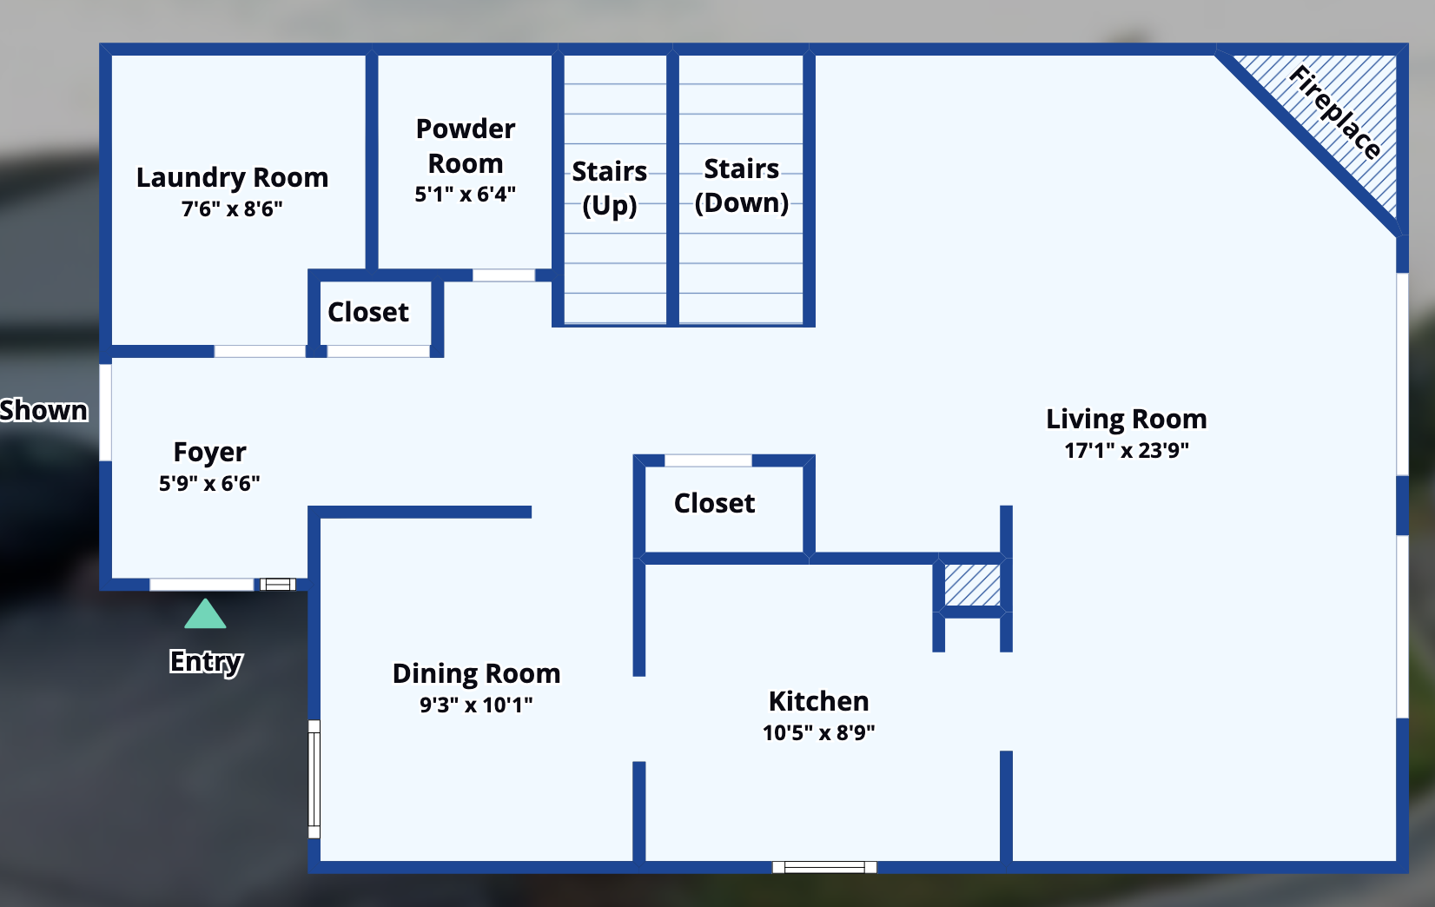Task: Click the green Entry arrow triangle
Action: [205, 615]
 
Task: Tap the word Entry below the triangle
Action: [206, 661]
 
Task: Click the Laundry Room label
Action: [232, 177]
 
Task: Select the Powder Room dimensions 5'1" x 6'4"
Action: [465, 194]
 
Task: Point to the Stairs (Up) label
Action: [609, 188]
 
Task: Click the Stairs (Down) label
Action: [741, 185]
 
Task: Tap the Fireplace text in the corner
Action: [1334, 112]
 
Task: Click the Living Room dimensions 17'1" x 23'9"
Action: [1126, 450]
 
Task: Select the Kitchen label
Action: [818, 701]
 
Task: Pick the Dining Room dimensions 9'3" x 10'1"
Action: [476, 705]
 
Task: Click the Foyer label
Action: [209, 452]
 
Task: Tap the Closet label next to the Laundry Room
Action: [367, 312]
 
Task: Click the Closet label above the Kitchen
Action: [714, 503]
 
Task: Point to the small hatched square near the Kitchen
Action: [972, 585]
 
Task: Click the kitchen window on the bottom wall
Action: [824, 866]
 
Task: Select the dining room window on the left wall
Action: [314, 779]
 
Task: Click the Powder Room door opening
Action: [503, 275]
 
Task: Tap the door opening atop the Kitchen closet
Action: [707, 460]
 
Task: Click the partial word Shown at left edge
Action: [43, 410]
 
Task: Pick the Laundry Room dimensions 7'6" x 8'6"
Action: [232, 209]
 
